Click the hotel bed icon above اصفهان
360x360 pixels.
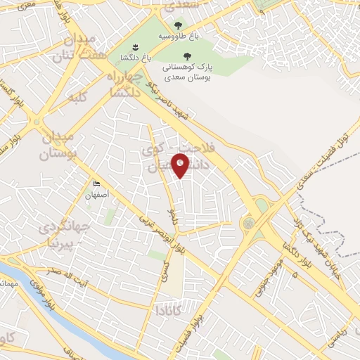(x=96, y=184)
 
